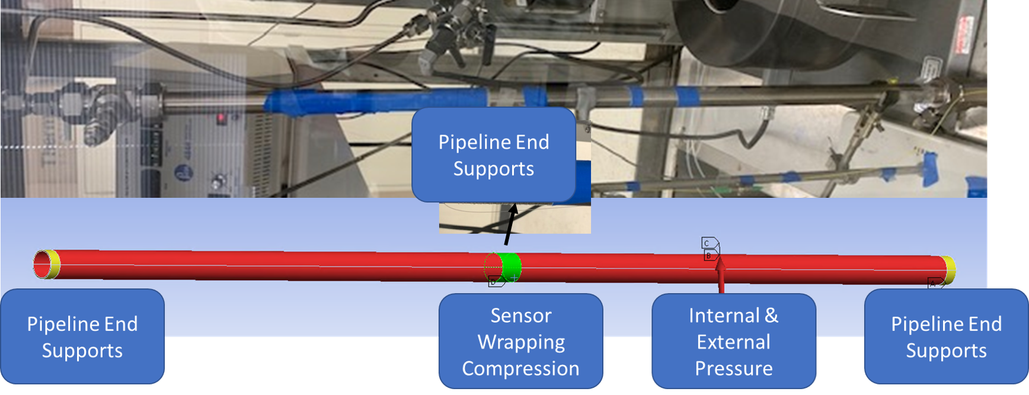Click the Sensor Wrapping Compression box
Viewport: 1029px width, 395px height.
pyautogui.click(x=520, y=342)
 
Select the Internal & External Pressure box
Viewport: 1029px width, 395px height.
pyautogui.click(x=733, y=342)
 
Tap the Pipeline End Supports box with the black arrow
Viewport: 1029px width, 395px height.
pyautogui.click(x=493, y=155)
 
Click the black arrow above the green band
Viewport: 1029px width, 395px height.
pyautogui.click(x=510, y=225)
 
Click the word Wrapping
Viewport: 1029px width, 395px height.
pyautogui.click(x=521, y=342)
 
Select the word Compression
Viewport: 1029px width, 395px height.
pyautogui.click(x=520, y=368)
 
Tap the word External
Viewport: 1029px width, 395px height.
pyautogui.click(x=733, y=342)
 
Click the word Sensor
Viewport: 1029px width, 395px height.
pyautogui.click(x=520, y=315)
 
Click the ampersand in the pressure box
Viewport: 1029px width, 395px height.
pyautogui.click(x=771, y=315)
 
